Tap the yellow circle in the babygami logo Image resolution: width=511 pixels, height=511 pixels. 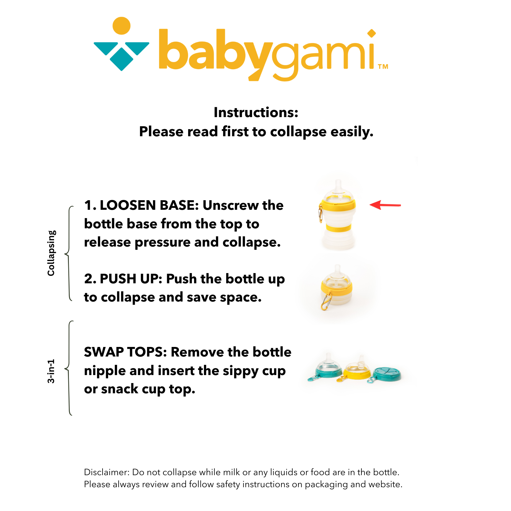(x=121, y=26)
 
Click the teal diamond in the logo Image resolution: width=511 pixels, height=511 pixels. (x=121, y=59)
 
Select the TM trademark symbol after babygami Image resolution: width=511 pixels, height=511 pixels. (x=383, y=66)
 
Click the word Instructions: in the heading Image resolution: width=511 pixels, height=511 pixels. (x=256, y=112)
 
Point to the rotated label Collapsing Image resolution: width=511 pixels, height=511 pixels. (x=51, y=253)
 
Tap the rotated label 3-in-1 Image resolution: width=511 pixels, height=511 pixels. (x=51, y=371)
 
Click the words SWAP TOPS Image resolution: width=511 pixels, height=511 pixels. (x=125, y=352)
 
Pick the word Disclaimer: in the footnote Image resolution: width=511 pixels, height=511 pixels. (x=107, y=472)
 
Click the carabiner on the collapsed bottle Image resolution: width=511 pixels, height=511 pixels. (x=326, y=302)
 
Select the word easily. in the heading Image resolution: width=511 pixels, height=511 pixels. (x=352, y=132)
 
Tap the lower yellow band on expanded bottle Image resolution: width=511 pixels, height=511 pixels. (x=338, y=228)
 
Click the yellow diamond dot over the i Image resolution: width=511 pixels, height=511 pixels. (x=371, y=33)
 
